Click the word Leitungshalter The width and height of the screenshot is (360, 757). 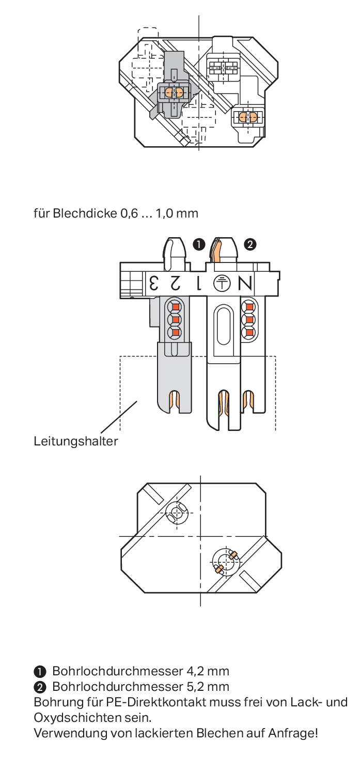tap(75, 441)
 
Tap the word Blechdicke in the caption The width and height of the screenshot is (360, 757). tap(85, 213)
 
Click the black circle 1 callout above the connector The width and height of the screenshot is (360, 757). tap(199, 244)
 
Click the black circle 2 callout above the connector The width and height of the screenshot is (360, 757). tap(250, 244)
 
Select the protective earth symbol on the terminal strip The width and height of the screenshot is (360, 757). tap(222, 283)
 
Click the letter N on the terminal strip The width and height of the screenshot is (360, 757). tap(245, 283)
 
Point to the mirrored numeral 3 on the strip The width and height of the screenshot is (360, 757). tap(154, 283)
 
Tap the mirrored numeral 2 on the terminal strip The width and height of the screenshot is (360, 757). tap(175, 283)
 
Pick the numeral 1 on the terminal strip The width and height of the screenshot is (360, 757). tap(199, 283)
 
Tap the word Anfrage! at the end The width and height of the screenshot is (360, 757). tap(293, 733)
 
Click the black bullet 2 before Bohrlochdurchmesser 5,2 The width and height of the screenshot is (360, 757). tap(39, 687)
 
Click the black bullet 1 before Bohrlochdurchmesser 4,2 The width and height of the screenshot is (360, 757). tap(39, 672)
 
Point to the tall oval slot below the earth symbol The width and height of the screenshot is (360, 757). tap(224, 325)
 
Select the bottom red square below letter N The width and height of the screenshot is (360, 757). tap(249, 333)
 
